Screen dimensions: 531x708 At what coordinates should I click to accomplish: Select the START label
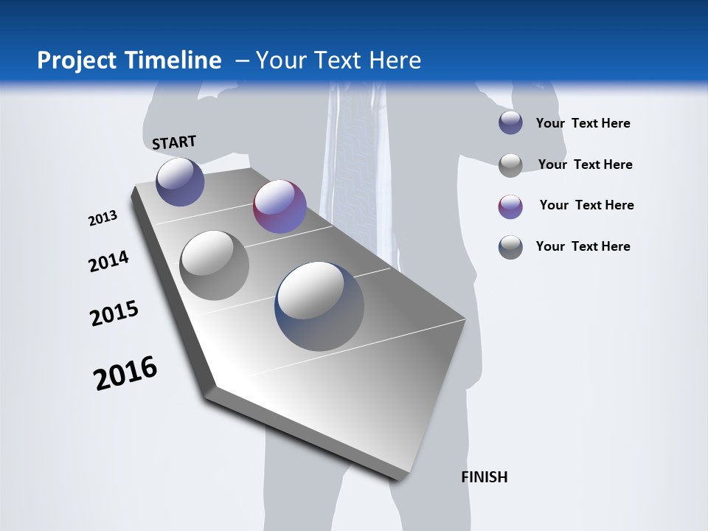(174, 142)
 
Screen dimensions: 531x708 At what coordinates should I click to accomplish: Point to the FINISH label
(485, 477)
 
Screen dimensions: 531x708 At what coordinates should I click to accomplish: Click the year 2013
(103, 218)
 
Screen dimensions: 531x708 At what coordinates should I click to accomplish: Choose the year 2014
(108, 262)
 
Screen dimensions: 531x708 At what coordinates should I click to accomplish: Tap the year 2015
(114, 313)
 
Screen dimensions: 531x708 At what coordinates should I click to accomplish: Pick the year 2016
(125, 373)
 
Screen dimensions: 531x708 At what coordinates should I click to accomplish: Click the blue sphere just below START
(180, 181)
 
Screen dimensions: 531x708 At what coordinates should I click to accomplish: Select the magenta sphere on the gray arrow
(280, 206)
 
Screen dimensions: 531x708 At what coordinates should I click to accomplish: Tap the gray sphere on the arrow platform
(215, 265)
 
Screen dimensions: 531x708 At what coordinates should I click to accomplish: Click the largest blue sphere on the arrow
(319, 306)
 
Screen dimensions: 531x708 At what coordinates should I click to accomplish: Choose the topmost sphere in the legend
(510, 123)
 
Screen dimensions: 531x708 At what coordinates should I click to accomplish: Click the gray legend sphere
(510, 165)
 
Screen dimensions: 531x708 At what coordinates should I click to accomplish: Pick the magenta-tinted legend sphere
(510, 206)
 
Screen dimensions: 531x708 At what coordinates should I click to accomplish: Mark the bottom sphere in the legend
(510, 247)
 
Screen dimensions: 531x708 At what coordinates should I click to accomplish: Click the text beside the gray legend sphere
(585, 164)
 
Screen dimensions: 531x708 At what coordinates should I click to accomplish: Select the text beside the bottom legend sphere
(583, 246)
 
